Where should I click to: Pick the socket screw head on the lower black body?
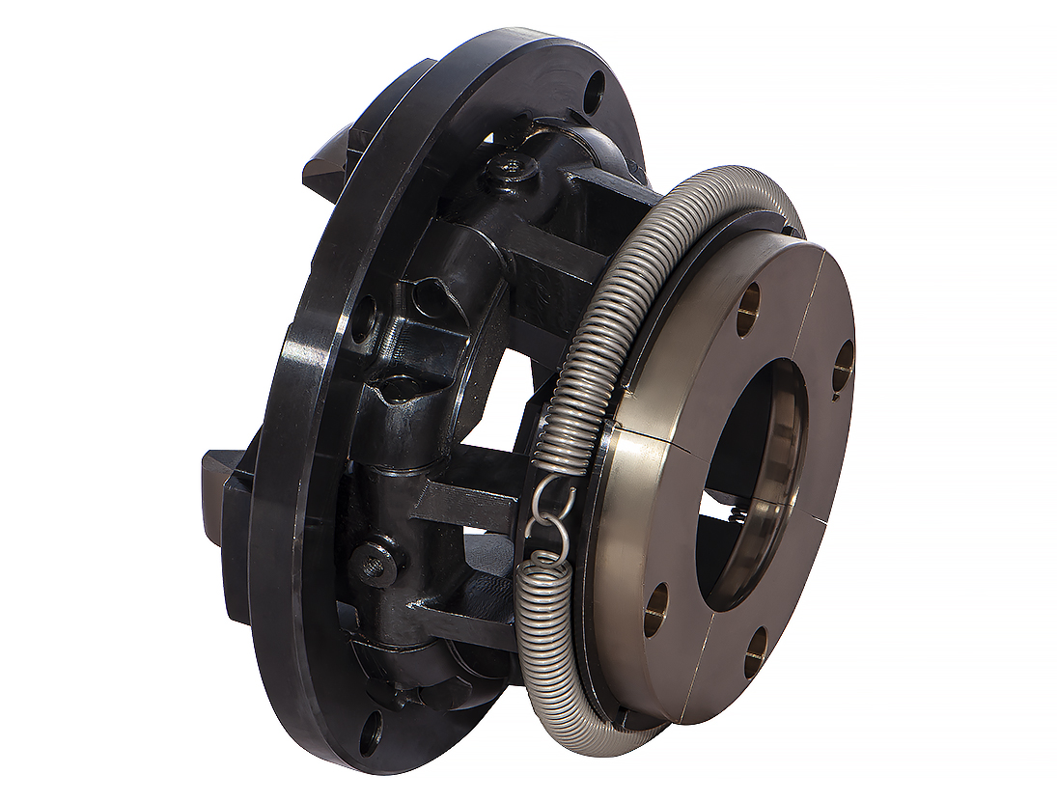pyautogui.click(x=376, y=563)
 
